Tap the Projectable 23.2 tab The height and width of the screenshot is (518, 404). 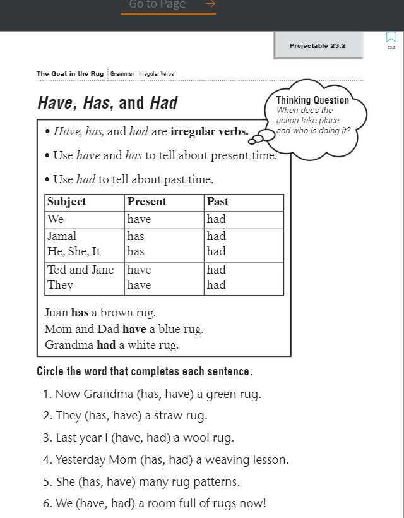coord(318,45)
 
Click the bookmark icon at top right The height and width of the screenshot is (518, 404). coord(391,39)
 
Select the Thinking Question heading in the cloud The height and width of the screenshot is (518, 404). coord(312,100)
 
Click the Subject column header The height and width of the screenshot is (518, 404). coord(66,202)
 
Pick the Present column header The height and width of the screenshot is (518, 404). coord(146,202)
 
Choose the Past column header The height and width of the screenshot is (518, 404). coord(217,202)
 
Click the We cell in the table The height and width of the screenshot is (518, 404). coord(56,219)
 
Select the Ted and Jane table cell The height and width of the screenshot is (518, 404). coord(81,270)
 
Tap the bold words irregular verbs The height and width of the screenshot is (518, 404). coord(209,132)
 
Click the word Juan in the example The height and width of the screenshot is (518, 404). coord(56,313)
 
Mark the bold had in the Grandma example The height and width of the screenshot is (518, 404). coord(105,345)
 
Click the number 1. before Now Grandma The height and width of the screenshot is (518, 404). coord(47,394)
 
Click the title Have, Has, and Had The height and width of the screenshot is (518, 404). coord(107,103)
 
